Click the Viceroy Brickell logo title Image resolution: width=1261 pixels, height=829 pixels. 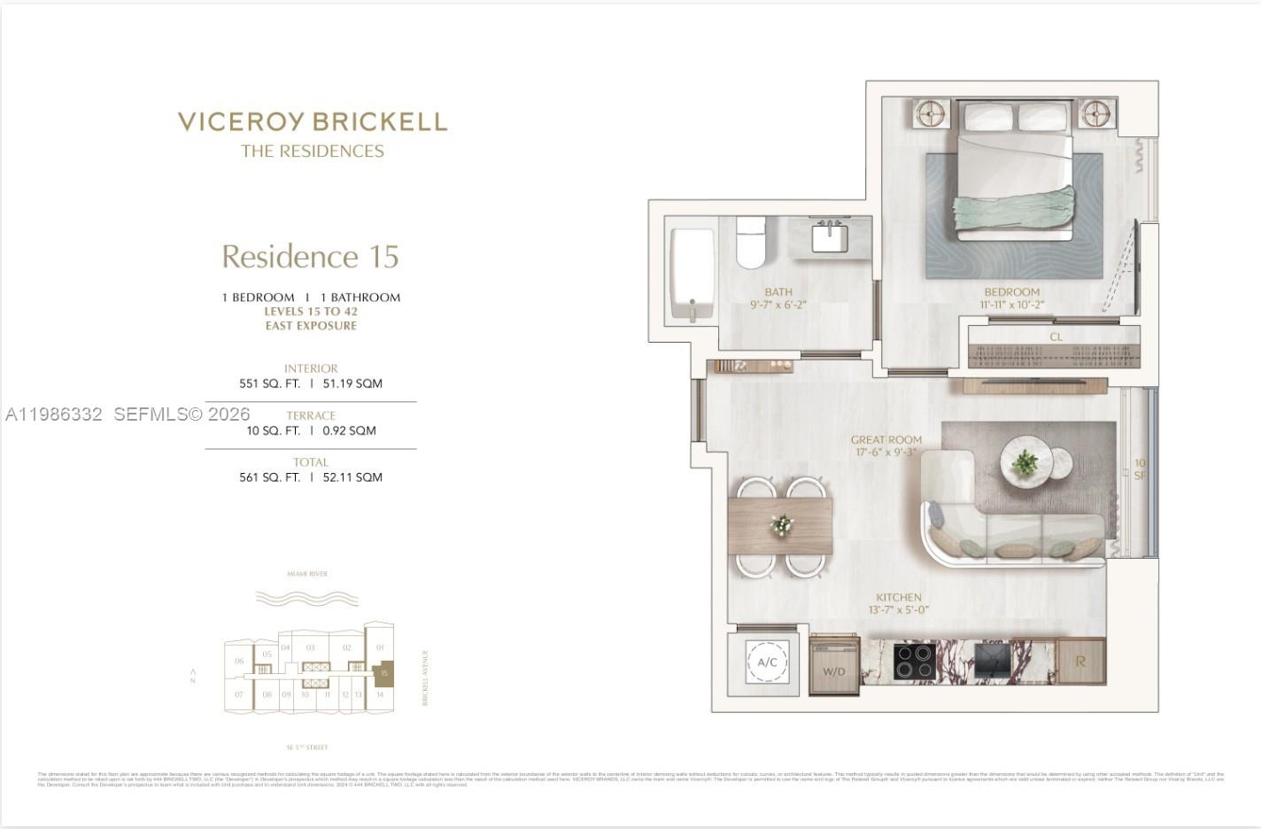312,122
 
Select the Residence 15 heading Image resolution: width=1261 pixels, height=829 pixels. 310,257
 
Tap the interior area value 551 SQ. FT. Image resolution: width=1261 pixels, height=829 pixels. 269,384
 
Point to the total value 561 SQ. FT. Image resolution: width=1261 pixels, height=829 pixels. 269,477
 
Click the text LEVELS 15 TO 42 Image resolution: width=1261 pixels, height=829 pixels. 311,312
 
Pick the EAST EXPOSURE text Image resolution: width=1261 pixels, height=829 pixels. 311,326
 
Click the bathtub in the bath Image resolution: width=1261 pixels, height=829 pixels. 692,275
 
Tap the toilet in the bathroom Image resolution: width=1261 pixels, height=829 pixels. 750,241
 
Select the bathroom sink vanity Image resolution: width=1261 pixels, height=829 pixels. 830,237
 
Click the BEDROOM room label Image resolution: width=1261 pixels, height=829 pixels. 1011,292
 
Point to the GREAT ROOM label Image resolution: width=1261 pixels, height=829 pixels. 886,440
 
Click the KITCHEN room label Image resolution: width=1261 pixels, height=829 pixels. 899,598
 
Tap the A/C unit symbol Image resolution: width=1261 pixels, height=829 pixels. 767,662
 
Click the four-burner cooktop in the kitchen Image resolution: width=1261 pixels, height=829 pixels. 915,661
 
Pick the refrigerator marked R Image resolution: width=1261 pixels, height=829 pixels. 1080,662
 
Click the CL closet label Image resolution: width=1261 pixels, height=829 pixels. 1056,337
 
